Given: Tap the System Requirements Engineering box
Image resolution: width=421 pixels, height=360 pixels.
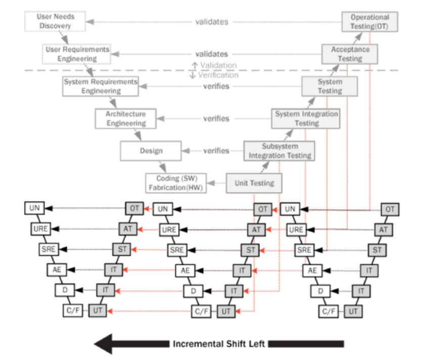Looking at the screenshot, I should [101, 86].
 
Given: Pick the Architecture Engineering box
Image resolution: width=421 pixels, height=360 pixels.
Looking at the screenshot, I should [125, 118].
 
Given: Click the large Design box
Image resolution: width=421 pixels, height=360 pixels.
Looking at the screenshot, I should [150, 151].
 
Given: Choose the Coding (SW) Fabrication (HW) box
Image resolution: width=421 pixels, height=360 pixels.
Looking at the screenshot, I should [175, 183].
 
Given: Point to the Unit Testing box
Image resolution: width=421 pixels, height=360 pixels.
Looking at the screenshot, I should [254, 183].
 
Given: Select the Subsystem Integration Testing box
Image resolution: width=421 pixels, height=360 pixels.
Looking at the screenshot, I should [279, 151].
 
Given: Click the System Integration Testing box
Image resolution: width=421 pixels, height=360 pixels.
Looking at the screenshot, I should [306, 118].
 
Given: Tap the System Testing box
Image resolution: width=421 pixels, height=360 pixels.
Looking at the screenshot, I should [330, 86].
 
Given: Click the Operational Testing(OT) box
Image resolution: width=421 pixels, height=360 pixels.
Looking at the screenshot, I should [370, 21].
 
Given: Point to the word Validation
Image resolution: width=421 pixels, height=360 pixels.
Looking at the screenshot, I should [218, 65].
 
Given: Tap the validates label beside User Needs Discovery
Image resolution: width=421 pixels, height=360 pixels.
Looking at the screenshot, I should [212, 22].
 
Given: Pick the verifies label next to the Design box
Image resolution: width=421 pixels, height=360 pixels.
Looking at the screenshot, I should [216, 151].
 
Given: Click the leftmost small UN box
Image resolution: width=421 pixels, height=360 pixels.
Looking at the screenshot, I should [34, 208].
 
